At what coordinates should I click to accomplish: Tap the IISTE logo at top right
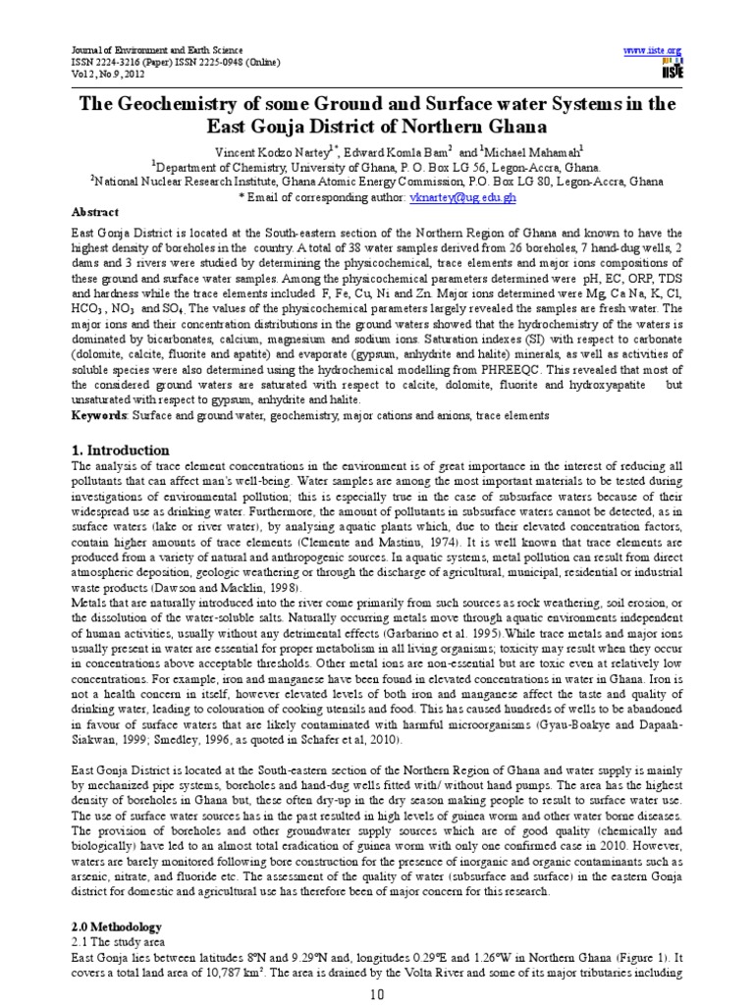click(x=673, y=68)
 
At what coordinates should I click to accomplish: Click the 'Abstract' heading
click(x=95, y=212)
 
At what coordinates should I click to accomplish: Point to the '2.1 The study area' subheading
click(x=121, y=942)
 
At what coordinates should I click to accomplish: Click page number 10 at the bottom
click(x=376, y=993)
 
